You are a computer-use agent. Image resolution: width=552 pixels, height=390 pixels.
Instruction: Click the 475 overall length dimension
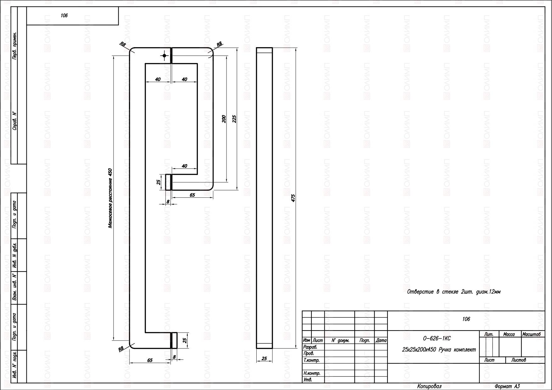293,198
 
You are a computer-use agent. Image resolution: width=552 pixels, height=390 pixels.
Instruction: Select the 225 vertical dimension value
234,119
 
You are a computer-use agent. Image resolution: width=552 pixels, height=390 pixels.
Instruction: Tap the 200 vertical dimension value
224,119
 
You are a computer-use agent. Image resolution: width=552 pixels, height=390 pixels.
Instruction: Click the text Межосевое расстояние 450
110,198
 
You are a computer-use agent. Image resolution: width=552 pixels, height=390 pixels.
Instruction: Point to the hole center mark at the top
164,56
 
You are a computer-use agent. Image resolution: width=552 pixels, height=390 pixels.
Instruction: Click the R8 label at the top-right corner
220,44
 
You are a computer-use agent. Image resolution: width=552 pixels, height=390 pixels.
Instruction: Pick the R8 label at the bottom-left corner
121,349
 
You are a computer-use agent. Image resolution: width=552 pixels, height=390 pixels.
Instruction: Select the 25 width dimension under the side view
264,358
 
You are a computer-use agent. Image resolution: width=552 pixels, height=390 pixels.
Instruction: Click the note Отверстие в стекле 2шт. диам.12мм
454,292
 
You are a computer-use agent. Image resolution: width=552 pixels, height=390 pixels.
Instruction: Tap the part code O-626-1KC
437,338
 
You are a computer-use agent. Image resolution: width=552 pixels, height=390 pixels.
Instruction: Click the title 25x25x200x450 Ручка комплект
439,349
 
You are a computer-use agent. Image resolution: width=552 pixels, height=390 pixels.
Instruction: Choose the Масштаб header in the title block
532,334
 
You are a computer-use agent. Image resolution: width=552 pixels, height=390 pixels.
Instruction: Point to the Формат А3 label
507,386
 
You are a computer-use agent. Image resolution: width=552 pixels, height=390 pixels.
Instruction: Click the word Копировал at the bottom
430,386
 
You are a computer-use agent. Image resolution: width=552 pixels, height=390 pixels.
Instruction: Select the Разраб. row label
310,347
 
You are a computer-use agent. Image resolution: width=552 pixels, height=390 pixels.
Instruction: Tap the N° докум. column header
340,340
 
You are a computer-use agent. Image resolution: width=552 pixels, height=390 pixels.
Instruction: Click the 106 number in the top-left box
64,15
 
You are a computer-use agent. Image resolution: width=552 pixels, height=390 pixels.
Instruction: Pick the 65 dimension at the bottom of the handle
150,360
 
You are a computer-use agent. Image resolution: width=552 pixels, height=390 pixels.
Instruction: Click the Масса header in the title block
509,334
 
